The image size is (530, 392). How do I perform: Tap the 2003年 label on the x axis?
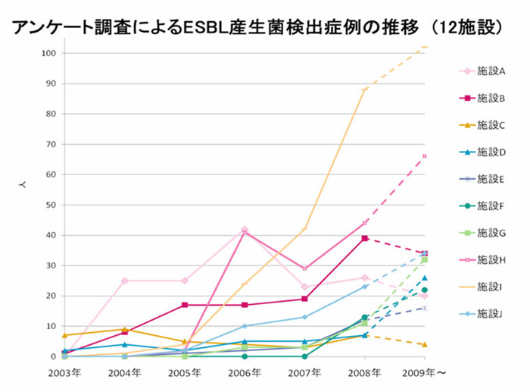tap(64, 374)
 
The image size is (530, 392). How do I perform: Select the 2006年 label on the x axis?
tap(245, 374)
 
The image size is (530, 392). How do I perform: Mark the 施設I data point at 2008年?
tap(365, 89)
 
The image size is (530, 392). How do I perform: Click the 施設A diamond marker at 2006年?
tap(245, 229)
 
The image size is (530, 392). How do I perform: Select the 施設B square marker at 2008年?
tap(365, 238)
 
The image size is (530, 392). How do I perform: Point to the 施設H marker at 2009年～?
tap(425, 156)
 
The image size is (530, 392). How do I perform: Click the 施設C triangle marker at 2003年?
tap(65, 335)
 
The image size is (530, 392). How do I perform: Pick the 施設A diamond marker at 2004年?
tap(125, 281)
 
